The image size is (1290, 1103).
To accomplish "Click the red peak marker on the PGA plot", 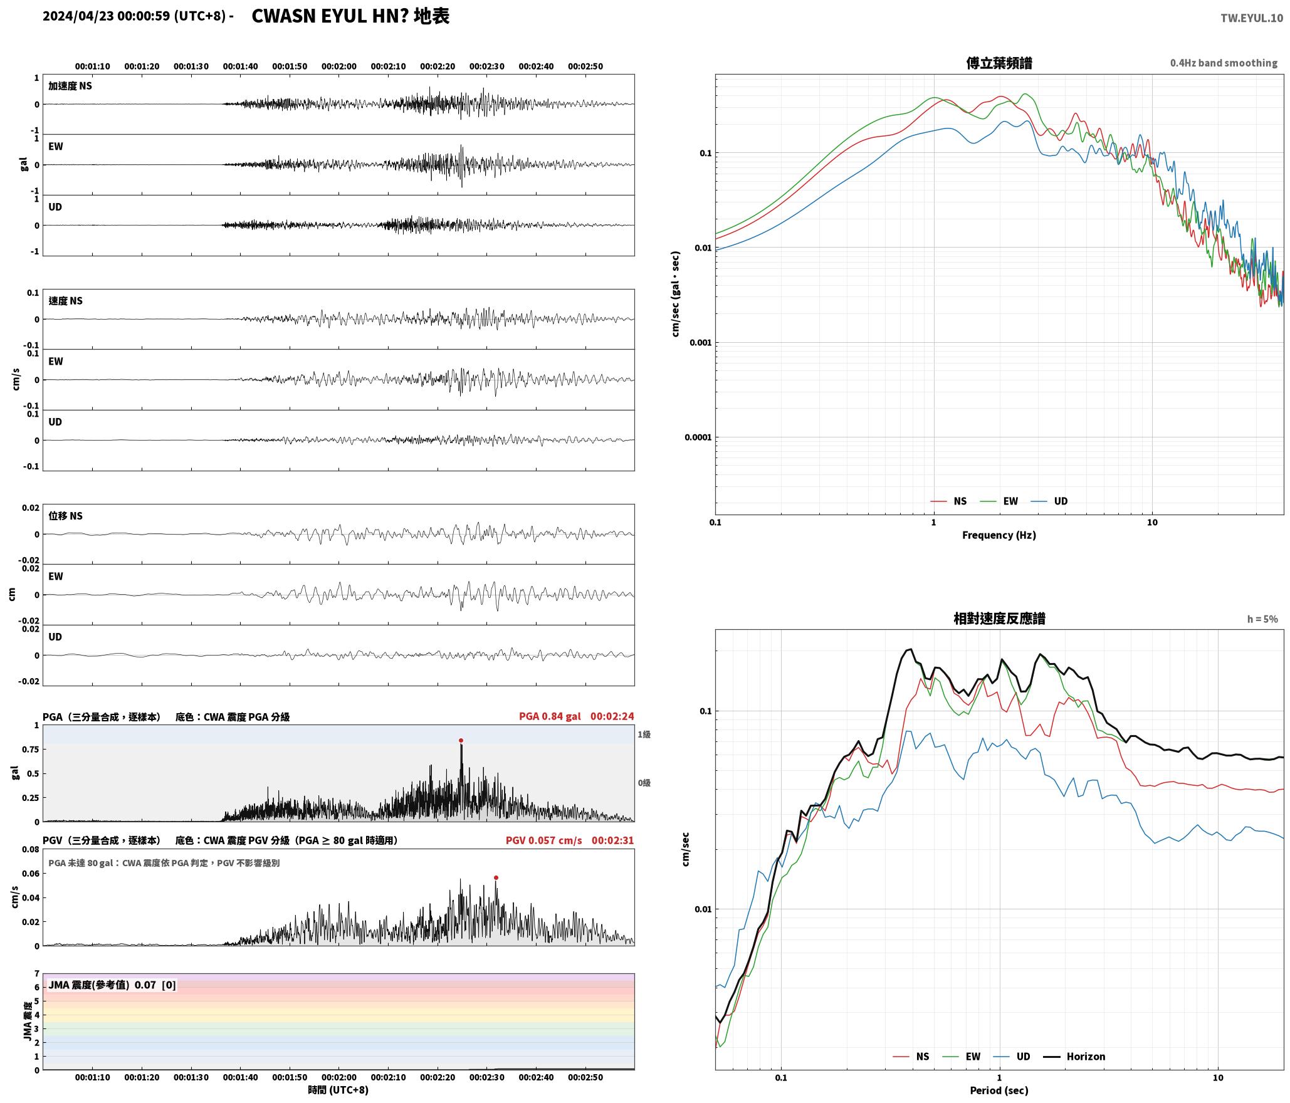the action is pos(461,740).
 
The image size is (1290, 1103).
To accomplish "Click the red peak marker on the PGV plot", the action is pos(496,877).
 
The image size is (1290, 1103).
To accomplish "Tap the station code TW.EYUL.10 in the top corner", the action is pos(1251,18).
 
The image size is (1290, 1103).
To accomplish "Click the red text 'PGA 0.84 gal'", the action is pos(550,716).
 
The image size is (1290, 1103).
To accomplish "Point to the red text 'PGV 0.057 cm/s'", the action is pos(543,840).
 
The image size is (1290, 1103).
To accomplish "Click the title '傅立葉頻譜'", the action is pos(999,63).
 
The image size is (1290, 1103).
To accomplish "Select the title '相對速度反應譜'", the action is pos(999,618).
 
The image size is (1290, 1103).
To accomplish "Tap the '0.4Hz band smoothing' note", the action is pos(1224,63).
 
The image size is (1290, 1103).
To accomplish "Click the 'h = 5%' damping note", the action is pos(1262,619).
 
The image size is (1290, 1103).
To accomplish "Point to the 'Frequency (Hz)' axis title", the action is pos(999,535).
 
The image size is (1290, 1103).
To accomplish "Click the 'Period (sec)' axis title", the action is pos(999,1090).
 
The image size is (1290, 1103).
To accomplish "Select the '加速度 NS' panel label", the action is pos(70,86).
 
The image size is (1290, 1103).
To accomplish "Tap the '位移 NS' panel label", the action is pos(65,516).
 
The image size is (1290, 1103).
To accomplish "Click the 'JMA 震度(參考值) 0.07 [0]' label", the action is pos(112,985).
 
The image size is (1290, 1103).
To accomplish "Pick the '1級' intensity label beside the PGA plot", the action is pos(644,734).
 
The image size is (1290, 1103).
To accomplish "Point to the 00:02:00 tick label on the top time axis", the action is pos(339,66).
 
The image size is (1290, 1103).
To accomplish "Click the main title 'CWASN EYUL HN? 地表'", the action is pos(350,16).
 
